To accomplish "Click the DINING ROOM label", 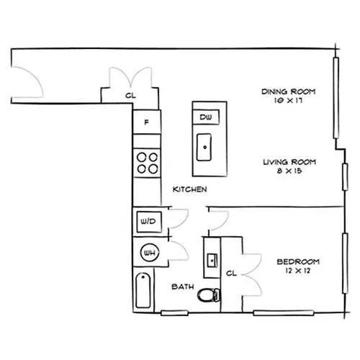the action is pos(288,91).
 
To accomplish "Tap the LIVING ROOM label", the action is pos(289,162).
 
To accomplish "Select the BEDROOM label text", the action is pos(298,261).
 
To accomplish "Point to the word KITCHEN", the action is pos(189,189).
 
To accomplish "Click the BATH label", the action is pos(183,287).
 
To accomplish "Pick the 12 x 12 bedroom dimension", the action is pos(298,271).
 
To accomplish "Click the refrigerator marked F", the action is pos(147,122).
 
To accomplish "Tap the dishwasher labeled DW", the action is pos(206,117).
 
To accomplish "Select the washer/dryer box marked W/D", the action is pos(149,222).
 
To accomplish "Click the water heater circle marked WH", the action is pos(149,253).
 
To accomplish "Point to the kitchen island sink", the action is pos(204,147).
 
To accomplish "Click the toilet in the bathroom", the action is pos(208,295).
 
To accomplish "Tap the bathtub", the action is pos(143,290).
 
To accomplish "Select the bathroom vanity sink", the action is pos(212,260).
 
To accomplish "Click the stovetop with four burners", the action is pos(147,163).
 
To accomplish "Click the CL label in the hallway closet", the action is pos(130,96).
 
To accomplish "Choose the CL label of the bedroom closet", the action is pos(231,273).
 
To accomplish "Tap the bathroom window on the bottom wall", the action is pos(174,313).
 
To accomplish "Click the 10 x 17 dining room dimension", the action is pos(288,100).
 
